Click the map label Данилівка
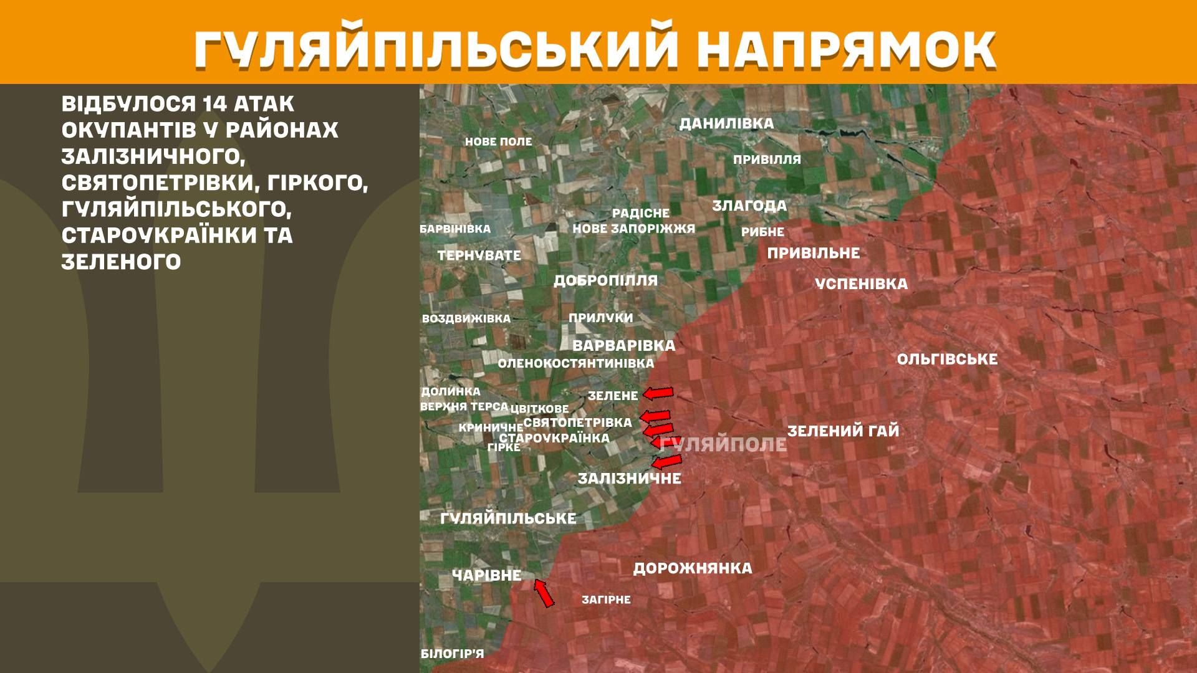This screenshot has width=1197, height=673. [726, 123]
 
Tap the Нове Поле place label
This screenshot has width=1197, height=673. [498, 142]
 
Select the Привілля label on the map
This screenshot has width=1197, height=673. [767, 160]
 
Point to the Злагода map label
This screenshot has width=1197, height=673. [749, 206]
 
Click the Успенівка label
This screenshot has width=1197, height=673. [861, 284]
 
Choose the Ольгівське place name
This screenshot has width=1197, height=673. [947, 360]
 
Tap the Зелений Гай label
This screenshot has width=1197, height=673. [843, 431]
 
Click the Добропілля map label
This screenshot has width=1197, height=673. [605, 280]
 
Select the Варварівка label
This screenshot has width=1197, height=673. [623, 346]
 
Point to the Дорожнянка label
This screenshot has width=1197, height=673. [693, 568]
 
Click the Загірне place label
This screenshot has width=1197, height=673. [606, 600]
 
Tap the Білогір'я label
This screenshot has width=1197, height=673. [452, 654]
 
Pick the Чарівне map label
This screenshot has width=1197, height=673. [486, 575]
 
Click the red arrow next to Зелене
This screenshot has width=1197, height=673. [658, 393]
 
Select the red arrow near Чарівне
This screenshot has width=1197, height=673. [544, 593]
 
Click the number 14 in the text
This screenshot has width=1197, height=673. [214, 103]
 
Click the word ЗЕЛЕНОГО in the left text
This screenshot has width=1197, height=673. [121, 262]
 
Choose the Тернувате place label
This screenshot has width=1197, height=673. [479, 255]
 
